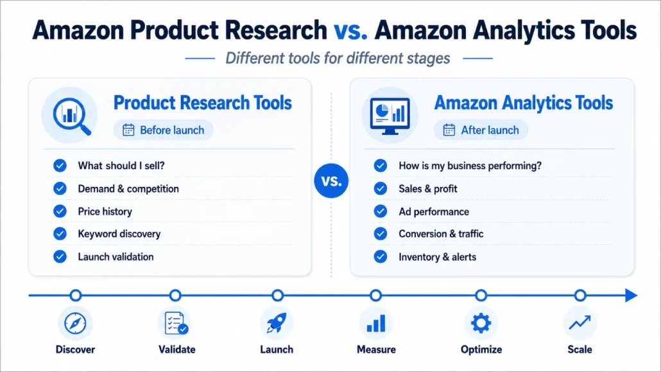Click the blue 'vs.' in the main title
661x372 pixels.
[350, 30]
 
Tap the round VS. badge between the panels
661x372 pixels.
[331, 181]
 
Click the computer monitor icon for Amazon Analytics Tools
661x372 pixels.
[390, 116]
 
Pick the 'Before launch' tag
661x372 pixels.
[163, 130]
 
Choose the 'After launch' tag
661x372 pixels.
[481, 130]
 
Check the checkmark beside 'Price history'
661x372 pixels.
[60, 211]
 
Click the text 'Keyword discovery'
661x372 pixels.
[119, 234]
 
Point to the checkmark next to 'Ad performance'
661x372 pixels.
[381, 211]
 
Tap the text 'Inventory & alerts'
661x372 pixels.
[437, 257]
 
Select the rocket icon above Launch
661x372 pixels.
[277, 323]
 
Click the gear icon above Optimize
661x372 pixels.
[481, 323]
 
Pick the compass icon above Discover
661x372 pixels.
[75, 323]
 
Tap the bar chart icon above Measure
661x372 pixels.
[375, 323]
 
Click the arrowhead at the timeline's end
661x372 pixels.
[631, 295]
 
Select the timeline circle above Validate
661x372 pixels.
[175, 295]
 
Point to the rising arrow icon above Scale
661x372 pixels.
[579, 323]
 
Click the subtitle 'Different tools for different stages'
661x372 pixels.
[338, 58]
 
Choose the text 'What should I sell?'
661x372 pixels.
[121, 166]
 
